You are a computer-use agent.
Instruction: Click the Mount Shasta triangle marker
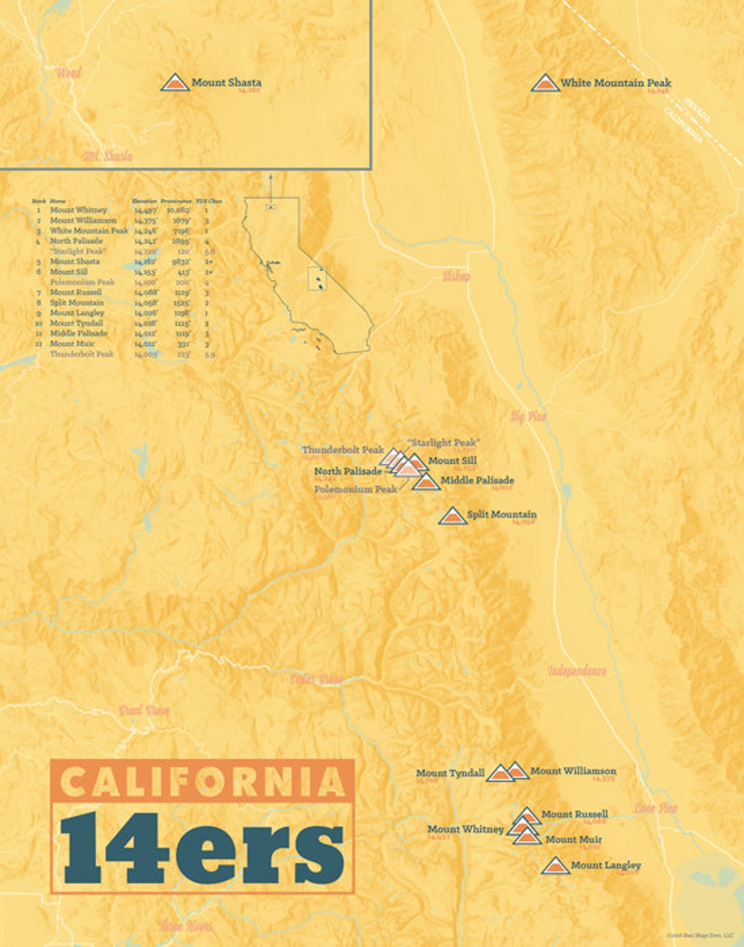(x=174, y=83)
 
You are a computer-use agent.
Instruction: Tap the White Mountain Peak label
(x=615, y=83)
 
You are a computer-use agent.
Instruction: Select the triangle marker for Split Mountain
(x=452, y=516)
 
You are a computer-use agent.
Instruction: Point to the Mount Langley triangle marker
(x=555, y=866)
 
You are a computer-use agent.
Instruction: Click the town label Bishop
(x=456, y=276)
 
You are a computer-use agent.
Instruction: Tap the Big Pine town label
(x=528, y=416)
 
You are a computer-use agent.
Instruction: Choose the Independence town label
(x=577, y=671)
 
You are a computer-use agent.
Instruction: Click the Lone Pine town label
(x=655, y=808)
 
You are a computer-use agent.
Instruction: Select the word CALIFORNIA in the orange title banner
(x=202, y=781)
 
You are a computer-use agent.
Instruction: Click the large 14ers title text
(x=202, y=848)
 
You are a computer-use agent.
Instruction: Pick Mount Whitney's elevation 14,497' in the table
(x=146, y=210)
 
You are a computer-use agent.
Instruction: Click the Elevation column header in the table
(x=144, y=201)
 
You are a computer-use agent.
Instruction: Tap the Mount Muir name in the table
(x=72, y=343)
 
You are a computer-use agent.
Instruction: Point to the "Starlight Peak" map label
(x=443, y=442)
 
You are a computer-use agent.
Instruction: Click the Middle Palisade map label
(x=477, y=480)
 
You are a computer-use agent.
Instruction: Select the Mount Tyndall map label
(x=450, y=773)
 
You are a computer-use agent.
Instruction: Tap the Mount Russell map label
(x=574, y=814)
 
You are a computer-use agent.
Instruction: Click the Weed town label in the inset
(x=68, y=72)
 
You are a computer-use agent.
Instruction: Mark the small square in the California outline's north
(x=271, y=207)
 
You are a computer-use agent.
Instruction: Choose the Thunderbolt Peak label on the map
(x=342, y=450)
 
